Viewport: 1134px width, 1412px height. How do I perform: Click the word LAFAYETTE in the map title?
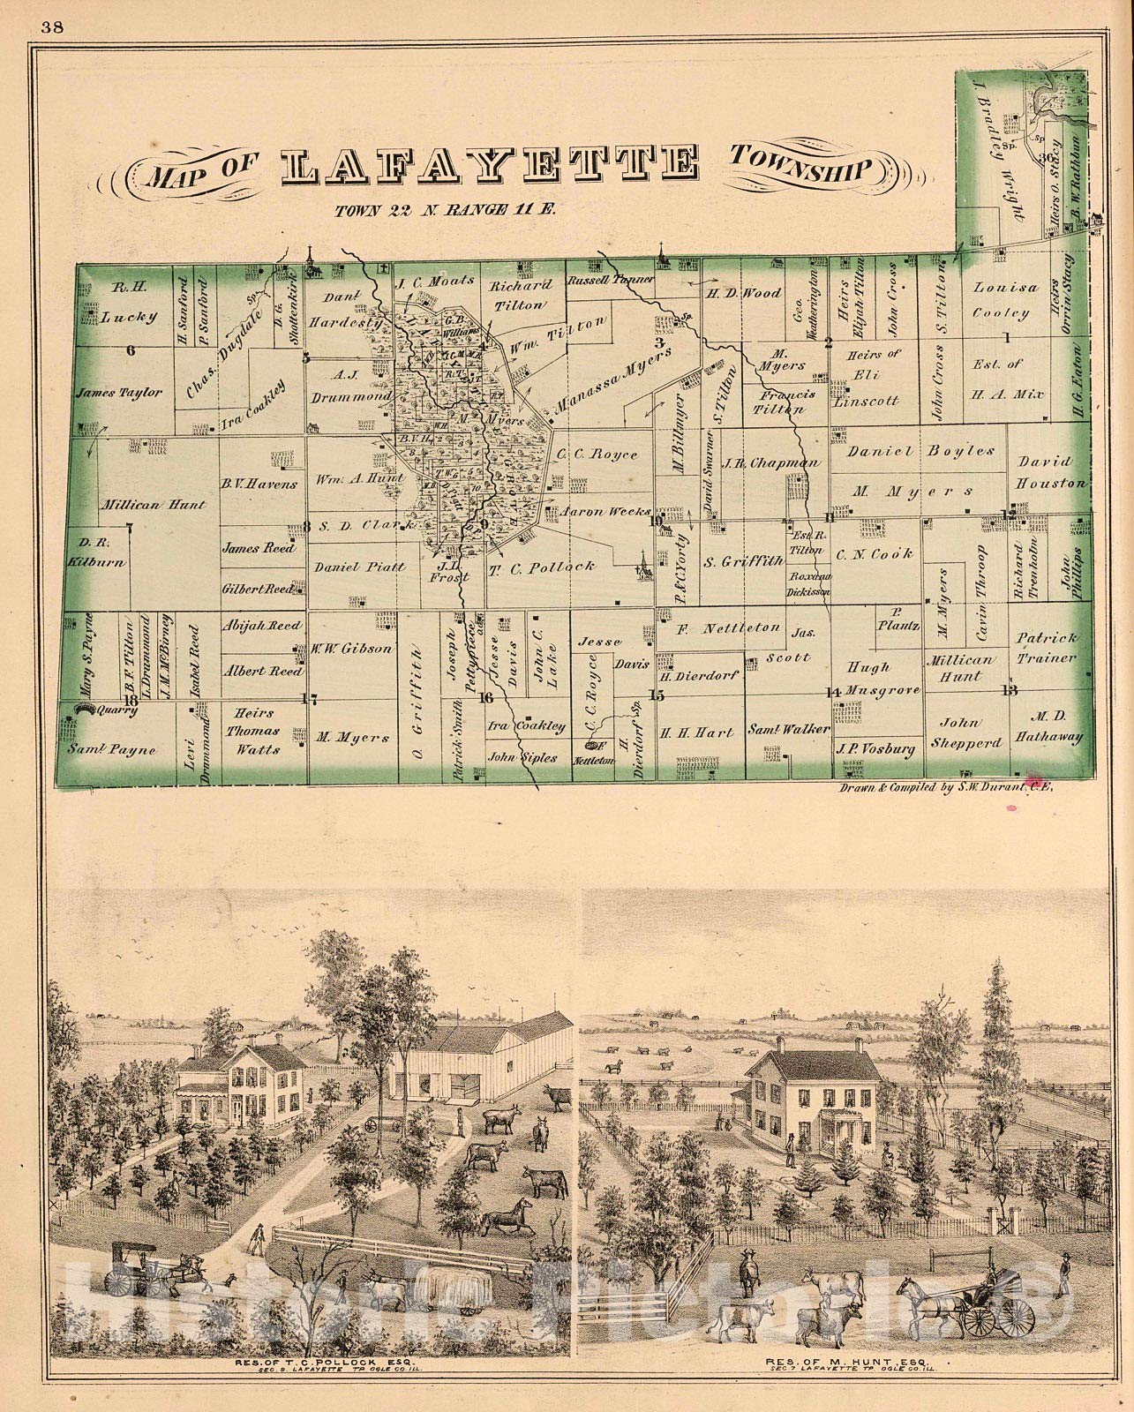[492, 167]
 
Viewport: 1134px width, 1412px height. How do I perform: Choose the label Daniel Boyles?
[920, 450]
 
